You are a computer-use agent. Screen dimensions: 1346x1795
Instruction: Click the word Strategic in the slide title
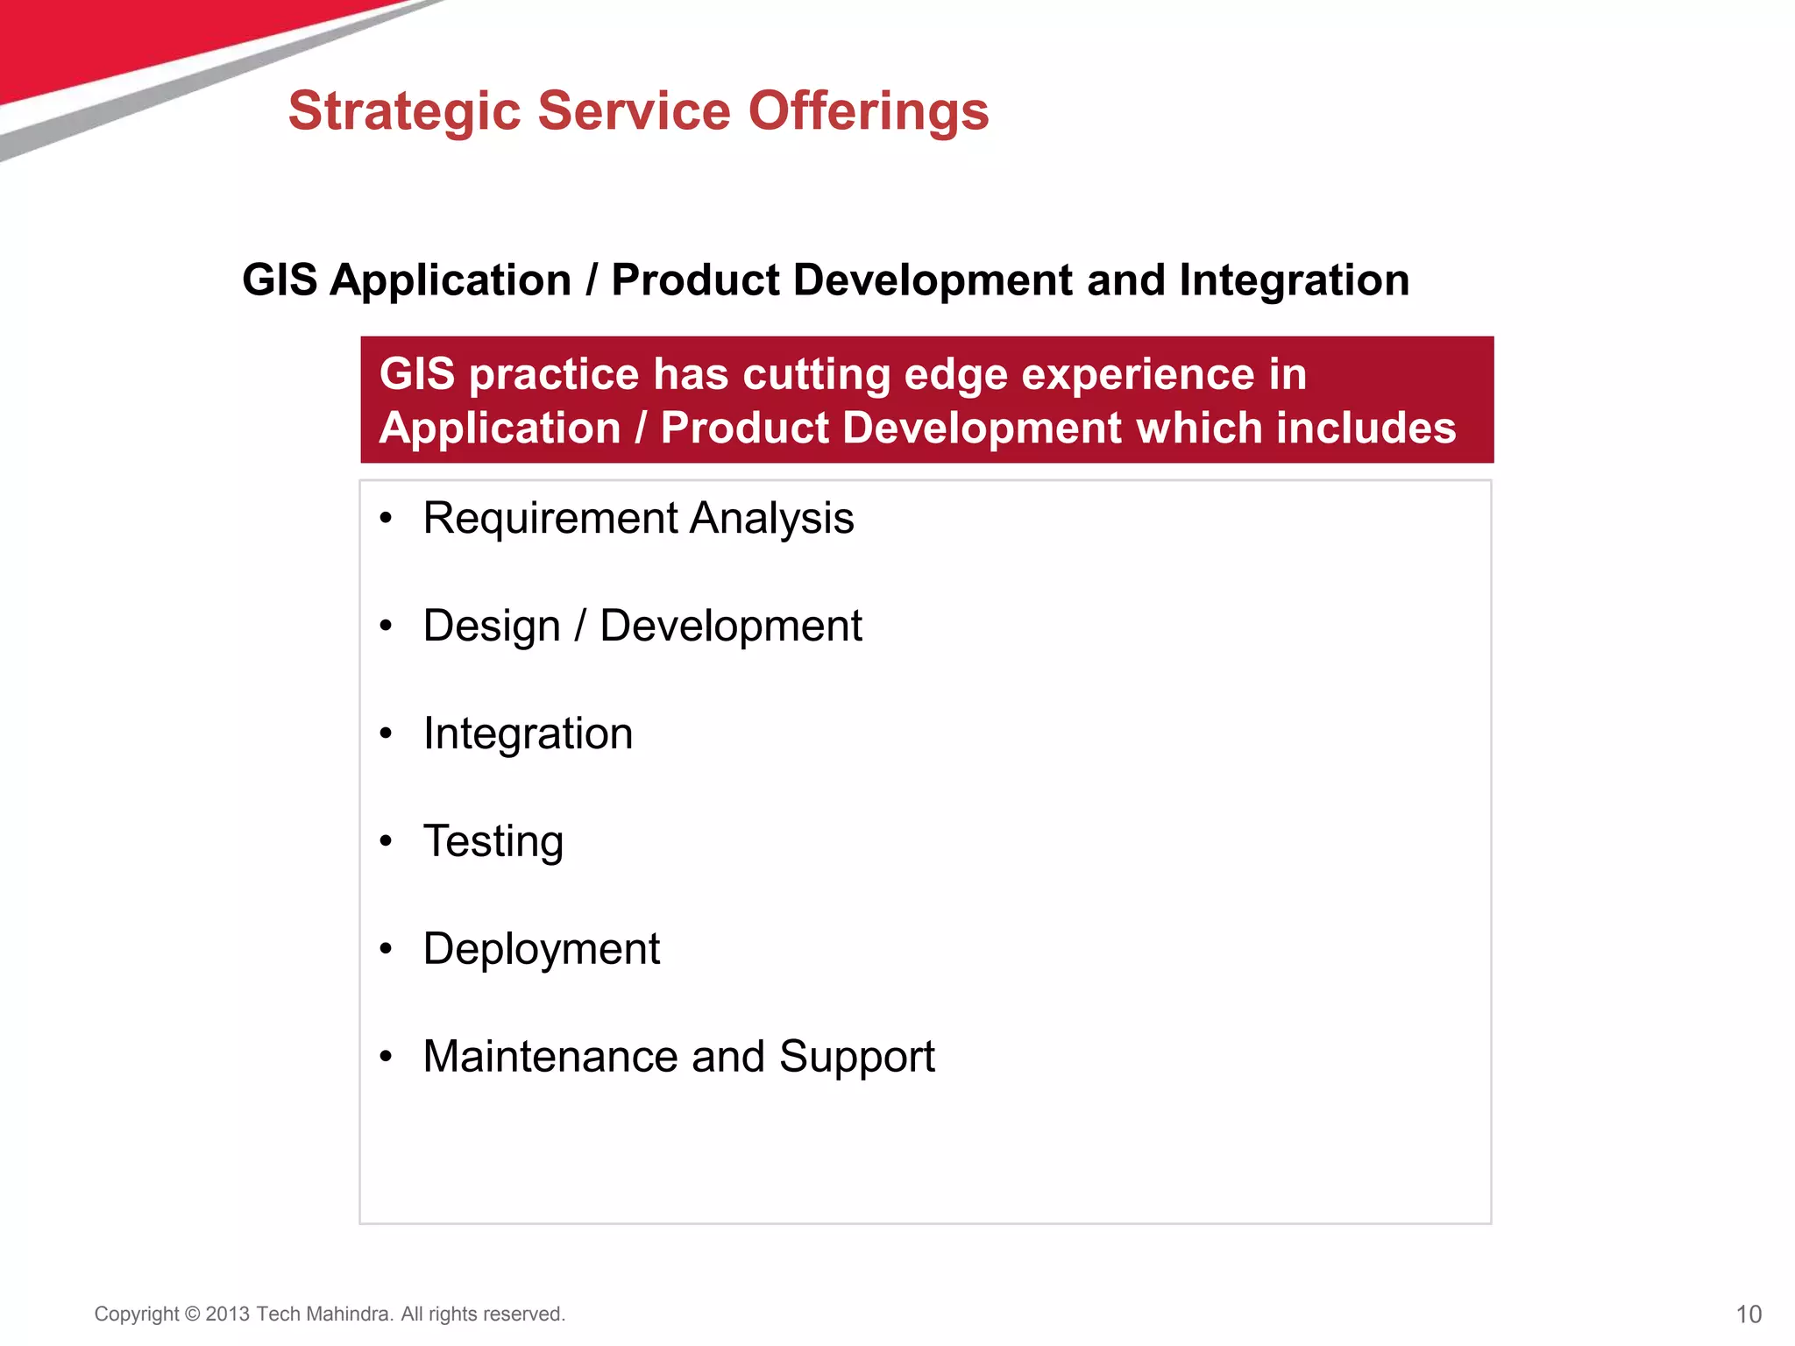[404, 112]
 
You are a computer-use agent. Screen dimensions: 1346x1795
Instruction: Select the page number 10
[1749, 1314]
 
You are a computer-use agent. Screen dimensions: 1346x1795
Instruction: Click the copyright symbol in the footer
[192, 1314]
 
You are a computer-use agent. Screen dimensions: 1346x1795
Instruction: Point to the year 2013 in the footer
[228, 1314]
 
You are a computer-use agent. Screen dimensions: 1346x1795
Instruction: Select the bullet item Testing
[493, 841]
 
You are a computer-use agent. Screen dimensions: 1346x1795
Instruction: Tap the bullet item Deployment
[542, 949]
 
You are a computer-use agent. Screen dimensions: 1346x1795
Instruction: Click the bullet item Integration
[528, 733]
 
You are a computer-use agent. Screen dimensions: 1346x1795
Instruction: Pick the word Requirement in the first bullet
[550, 519]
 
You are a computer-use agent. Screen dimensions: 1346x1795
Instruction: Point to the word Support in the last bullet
[856, 1057]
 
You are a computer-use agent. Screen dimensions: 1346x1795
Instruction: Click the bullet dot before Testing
[386, 841]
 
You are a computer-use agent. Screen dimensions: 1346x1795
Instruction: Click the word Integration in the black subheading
[1294, 280]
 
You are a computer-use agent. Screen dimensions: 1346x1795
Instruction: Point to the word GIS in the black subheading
[280, 280]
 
